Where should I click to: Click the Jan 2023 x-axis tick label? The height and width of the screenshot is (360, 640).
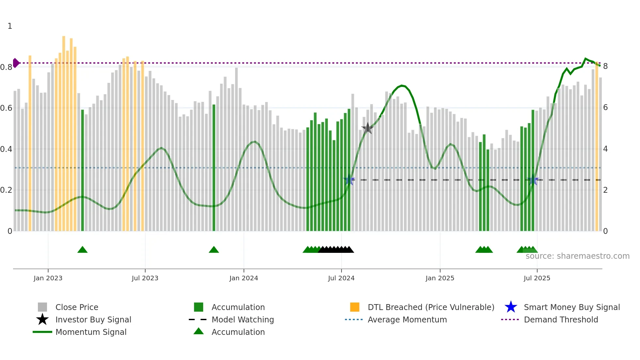point(48,278)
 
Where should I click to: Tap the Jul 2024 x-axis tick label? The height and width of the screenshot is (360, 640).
point(341,278)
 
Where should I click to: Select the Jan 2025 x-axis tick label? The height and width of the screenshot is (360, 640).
point(440,278)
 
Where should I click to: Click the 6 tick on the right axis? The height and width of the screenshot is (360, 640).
point(605,107)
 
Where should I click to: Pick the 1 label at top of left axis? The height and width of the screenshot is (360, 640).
point(10,26)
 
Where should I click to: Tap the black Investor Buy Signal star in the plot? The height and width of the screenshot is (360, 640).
point(368,128)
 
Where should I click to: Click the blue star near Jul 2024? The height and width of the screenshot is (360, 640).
point(349,180)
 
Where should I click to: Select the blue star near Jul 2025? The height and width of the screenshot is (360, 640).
point(533,180)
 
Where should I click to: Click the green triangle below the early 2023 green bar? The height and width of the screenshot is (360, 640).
point(82,250)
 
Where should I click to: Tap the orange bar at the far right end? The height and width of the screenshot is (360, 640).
point(597,147)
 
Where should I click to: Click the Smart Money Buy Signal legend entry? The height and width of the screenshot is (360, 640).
point(571,307)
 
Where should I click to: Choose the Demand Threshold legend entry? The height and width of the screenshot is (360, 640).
point(561,319)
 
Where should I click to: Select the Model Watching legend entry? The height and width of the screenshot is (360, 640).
point(242,319)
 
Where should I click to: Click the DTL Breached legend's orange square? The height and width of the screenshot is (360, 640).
point(355,307)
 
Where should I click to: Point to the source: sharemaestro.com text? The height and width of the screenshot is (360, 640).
point(577,256)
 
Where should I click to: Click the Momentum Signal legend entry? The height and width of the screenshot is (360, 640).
point(91,332)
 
